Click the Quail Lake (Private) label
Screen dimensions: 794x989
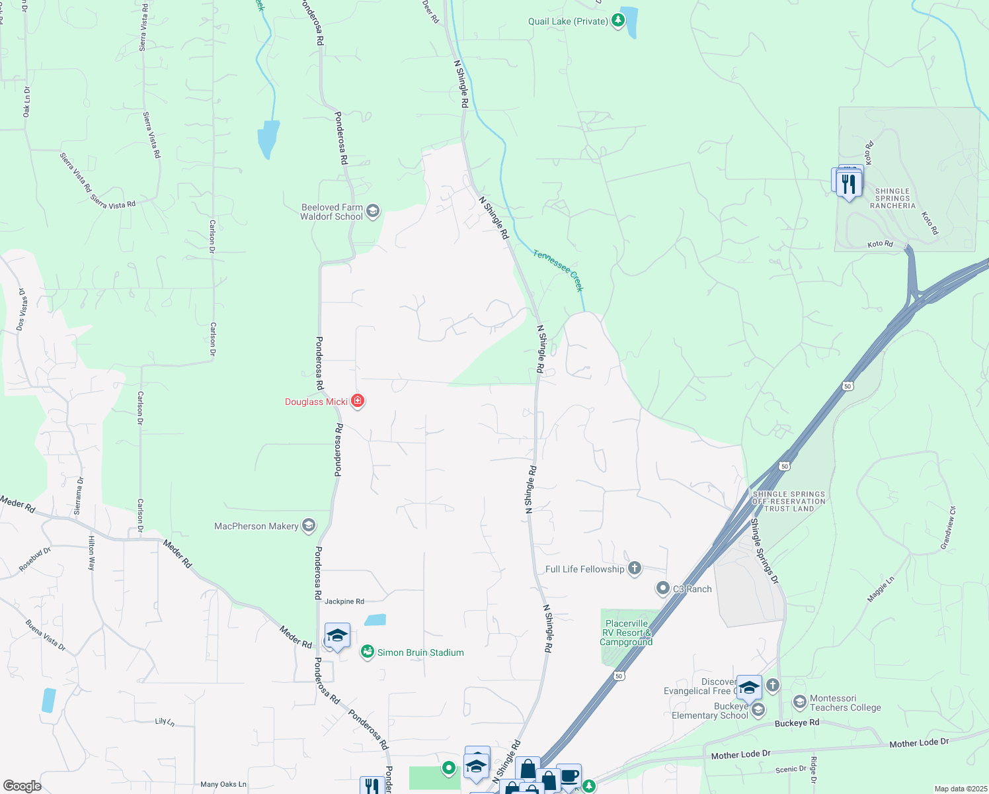point(567,21)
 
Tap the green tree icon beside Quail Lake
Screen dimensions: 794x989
point(618,21)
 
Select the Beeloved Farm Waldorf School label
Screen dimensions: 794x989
point(332,212)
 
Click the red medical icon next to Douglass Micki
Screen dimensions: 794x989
point(358,401)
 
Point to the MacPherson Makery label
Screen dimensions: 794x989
point(257,526)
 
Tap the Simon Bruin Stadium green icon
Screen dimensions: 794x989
point(368,652)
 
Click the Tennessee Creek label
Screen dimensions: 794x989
point(559,269)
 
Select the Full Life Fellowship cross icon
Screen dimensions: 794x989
point(635,568)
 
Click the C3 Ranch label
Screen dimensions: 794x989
point(692,589)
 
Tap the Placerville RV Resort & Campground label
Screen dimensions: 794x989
point(626,633)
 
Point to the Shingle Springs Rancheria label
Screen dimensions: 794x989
point(892,198)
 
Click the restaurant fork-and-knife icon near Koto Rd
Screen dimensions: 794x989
point(850,183)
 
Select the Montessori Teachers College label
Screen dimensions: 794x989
point(846,703)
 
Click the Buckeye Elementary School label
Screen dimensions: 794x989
point(710,711)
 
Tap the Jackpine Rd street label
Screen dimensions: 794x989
point(344,601)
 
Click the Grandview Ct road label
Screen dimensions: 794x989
point(948,528)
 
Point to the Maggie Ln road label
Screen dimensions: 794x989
point(881,589)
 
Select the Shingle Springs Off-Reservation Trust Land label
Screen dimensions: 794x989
point(789,502)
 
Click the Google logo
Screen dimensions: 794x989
point(22,785)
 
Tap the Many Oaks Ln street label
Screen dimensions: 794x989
point(223,784)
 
